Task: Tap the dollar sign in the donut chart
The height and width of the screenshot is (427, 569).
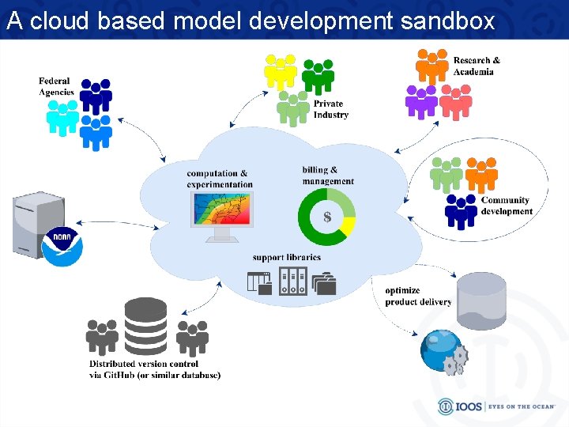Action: click(x=326, y=216)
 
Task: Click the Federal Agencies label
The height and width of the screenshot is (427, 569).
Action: click(x=55, y=86)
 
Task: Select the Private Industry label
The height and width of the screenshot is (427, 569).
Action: click(x=330, y=109)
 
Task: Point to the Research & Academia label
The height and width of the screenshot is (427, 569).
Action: click(x=476, y=66)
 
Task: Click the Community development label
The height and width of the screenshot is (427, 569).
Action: click(x=507, y=206)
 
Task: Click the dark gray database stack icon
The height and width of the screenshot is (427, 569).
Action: click(x=146, y=325)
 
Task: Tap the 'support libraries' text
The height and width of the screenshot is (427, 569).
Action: click(x=286, y=257)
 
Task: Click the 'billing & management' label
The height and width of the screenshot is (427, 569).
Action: click(x=327, y=176)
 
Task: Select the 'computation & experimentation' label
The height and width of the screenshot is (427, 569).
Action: click(x=219, y=179)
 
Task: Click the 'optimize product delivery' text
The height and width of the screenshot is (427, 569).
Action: click(x=418, y=296)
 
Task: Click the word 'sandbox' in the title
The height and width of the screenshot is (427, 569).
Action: click(x=447, y=21)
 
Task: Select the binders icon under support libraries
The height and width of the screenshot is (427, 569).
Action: click(x=292, y=281)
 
